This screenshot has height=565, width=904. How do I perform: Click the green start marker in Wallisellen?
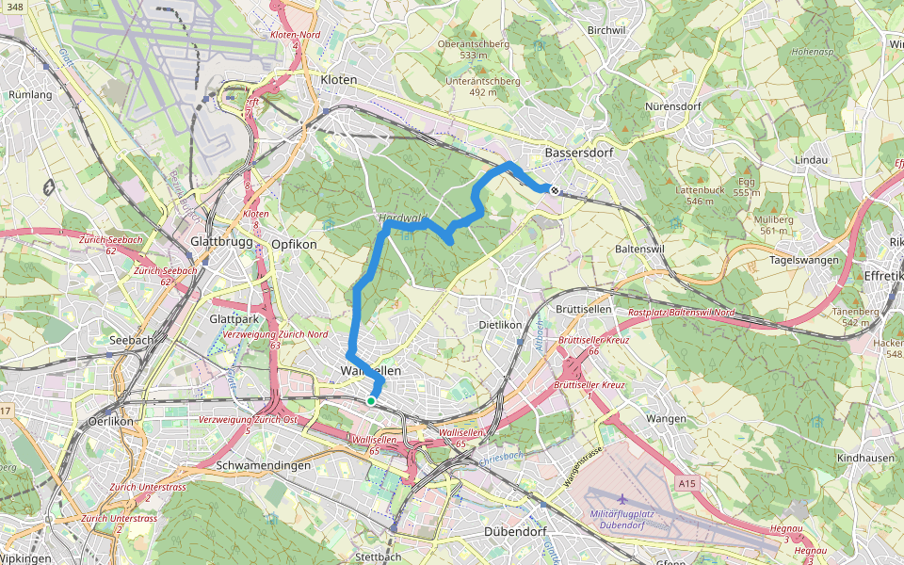(x=371, y=401)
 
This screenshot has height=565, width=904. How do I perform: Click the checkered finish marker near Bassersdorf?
(x=555, y=190)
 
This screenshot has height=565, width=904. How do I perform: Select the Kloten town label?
(x=339, y=80)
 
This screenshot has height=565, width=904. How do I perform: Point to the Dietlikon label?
(x=500, y=325)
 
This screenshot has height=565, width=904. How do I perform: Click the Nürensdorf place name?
(x=673, y=106)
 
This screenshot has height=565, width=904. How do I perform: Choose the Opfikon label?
(x=294, y=244)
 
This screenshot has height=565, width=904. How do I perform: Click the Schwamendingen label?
(x=264, y=466)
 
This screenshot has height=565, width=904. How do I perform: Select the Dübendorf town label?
(x=515, y=532)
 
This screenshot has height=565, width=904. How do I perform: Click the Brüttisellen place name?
(x=584, y=309)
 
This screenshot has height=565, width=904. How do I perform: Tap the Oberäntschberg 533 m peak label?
(x=474, y=49)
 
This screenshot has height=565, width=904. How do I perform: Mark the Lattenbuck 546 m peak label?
(x=700, y=195)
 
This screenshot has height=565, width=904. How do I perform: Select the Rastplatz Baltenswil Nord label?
(x=681, y=312)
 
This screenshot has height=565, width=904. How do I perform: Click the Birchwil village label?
(x=606, y=30)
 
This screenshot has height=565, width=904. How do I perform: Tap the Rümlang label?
(x=29, y=95)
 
